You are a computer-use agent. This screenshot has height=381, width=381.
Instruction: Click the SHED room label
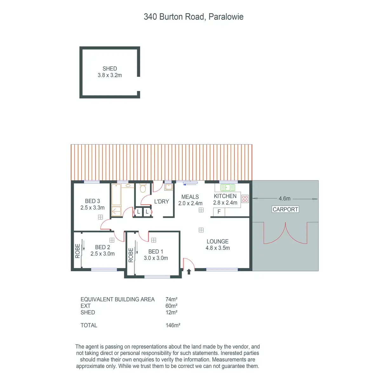110,69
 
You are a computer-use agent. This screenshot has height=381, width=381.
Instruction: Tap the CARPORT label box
285,210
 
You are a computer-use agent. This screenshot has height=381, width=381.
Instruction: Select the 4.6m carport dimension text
284,199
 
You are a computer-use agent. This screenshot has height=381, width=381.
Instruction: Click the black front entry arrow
189,271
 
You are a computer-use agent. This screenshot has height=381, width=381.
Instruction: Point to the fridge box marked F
219,212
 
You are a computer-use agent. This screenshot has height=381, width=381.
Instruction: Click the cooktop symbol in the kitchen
245,199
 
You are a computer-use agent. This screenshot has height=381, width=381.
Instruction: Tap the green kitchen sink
228,187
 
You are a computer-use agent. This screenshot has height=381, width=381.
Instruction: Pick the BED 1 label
156,251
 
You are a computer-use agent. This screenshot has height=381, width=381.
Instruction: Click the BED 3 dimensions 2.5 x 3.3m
92,208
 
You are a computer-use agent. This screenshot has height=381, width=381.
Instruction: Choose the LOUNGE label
217,242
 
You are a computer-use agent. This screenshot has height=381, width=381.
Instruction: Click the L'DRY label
161,202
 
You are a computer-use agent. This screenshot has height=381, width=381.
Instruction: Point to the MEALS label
190,197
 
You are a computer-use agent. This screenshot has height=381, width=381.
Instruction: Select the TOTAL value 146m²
173,325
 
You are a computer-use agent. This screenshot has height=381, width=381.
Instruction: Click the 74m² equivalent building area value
171,299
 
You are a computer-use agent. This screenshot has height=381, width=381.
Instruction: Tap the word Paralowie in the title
226,17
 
